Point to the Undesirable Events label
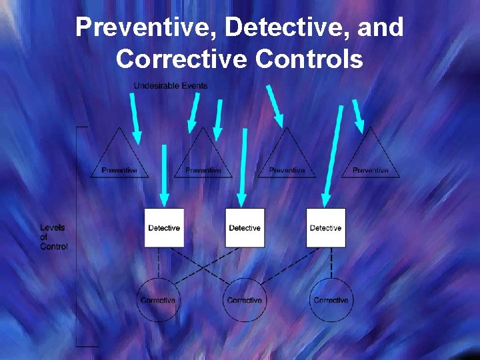tap(171, 85)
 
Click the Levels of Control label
tap(53, 237)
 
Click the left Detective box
tap(164, 228)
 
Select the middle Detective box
tap(245, 228)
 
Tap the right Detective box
tap(326, 228)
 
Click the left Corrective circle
tap(158, 300)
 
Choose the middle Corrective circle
tap(245, 300)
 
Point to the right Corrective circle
tap(331, 300)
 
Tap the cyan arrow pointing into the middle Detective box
tap(243, 167)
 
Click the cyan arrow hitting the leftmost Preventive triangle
tap(135, 119)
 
